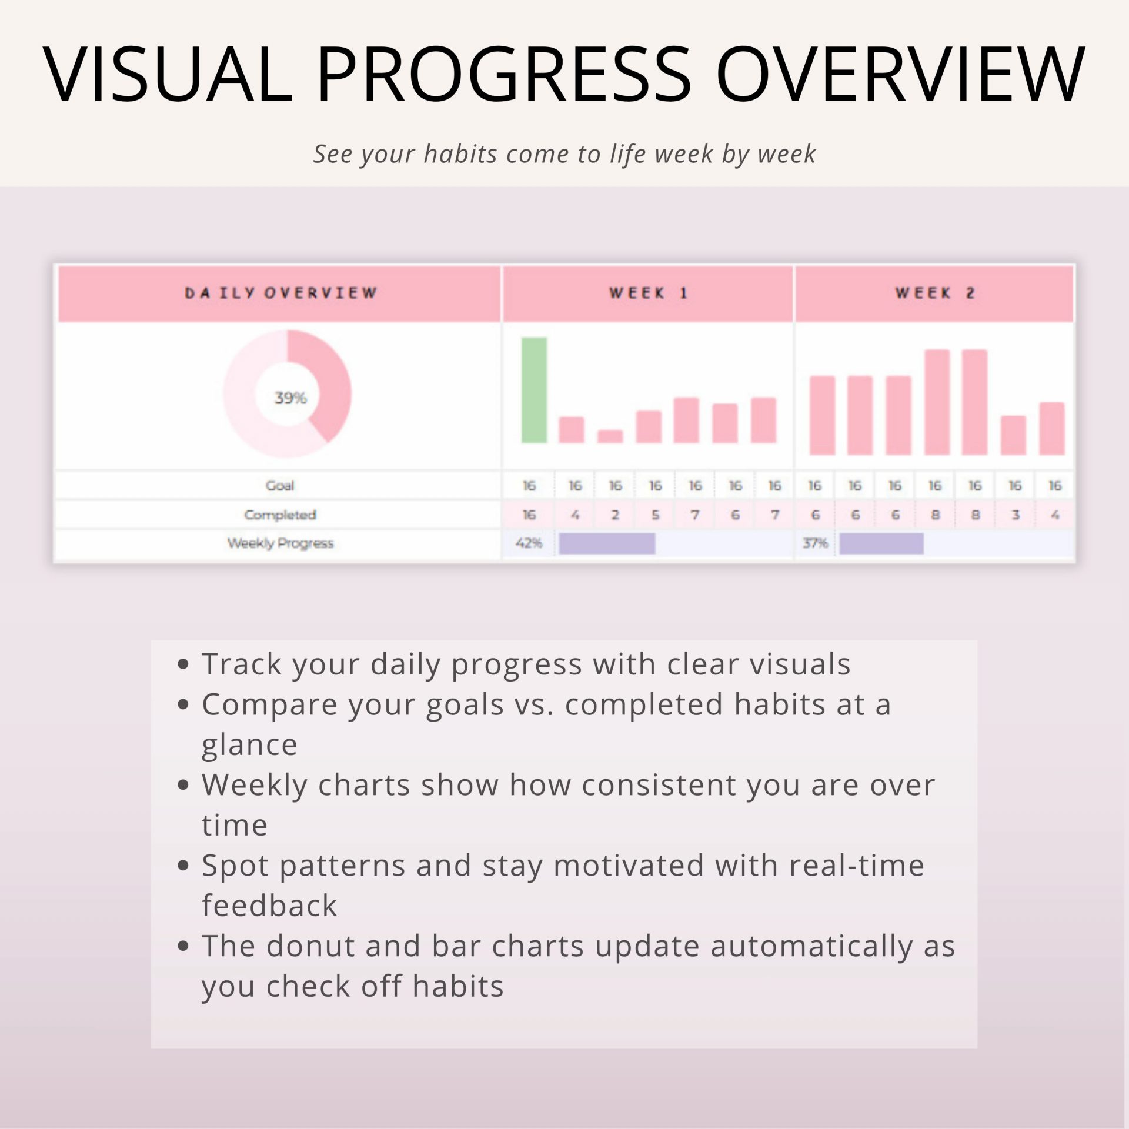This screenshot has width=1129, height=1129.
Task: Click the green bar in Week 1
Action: coord(534,390)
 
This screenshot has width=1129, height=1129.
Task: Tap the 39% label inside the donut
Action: coord(290,398)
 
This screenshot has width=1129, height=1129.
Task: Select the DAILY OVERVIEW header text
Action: coord(280,293)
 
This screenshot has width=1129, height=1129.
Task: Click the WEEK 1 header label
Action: coord(648,293)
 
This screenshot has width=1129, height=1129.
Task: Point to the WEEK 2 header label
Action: coord(935,293)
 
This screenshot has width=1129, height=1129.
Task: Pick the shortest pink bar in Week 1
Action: coord(610,436)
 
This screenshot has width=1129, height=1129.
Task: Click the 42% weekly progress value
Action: coord(529,543)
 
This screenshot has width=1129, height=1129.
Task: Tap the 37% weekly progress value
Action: coord(815,543)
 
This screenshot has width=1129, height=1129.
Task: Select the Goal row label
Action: coord(280,486)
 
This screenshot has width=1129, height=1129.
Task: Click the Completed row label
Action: coord(280,515)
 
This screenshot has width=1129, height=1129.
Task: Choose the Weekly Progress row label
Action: coord(280,543)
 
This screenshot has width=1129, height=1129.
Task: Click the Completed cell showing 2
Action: coord(615,515)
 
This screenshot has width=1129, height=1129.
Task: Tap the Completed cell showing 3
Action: coord(1015,515)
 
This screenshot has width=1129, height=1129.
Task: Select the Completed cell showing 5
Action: coord(655,515)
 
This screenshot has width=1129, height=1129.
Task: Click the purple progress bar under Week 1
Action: coord(607,544)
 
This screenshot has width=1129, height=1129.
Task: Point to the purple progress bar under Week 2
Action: coord(881,544)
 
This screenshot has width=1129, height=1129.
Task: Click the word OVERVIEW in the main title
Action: coord(900,74)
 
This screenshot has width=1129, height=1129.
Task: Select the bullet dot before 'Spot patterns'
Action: coord(183,865)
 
